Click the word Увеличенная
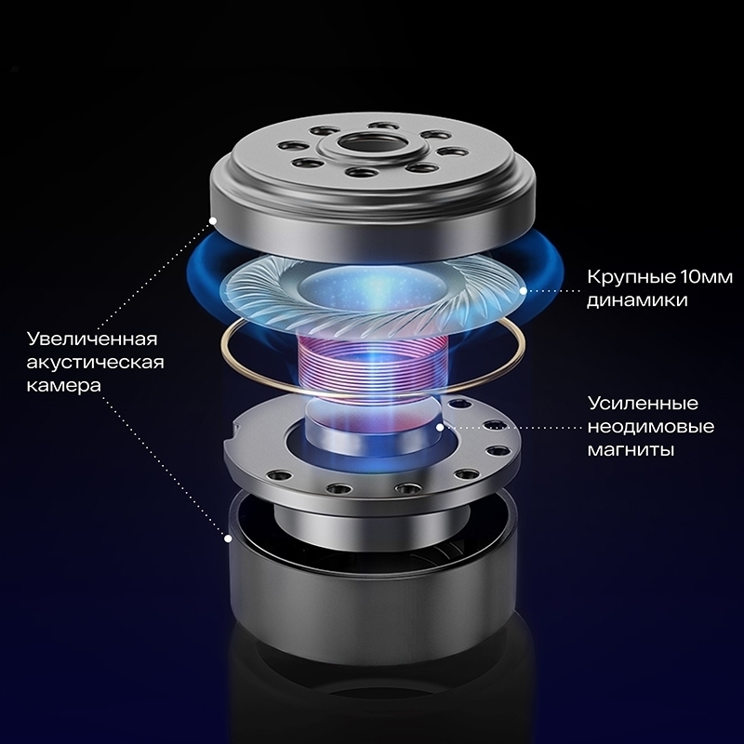(91, 339)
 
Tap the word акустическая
(96, 363)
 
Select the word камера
(63, 385)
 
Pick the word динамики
(637, 300)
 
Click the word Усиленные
(643, 404)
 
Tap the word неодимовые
(650, 427)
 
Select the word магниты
(631, 449)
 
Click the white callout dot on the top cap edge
(213, 220)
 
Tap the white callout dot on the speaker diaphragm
(523, 291)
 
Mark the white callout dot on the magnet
(440, 427)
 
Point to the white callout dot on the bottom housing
(228, 538)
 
